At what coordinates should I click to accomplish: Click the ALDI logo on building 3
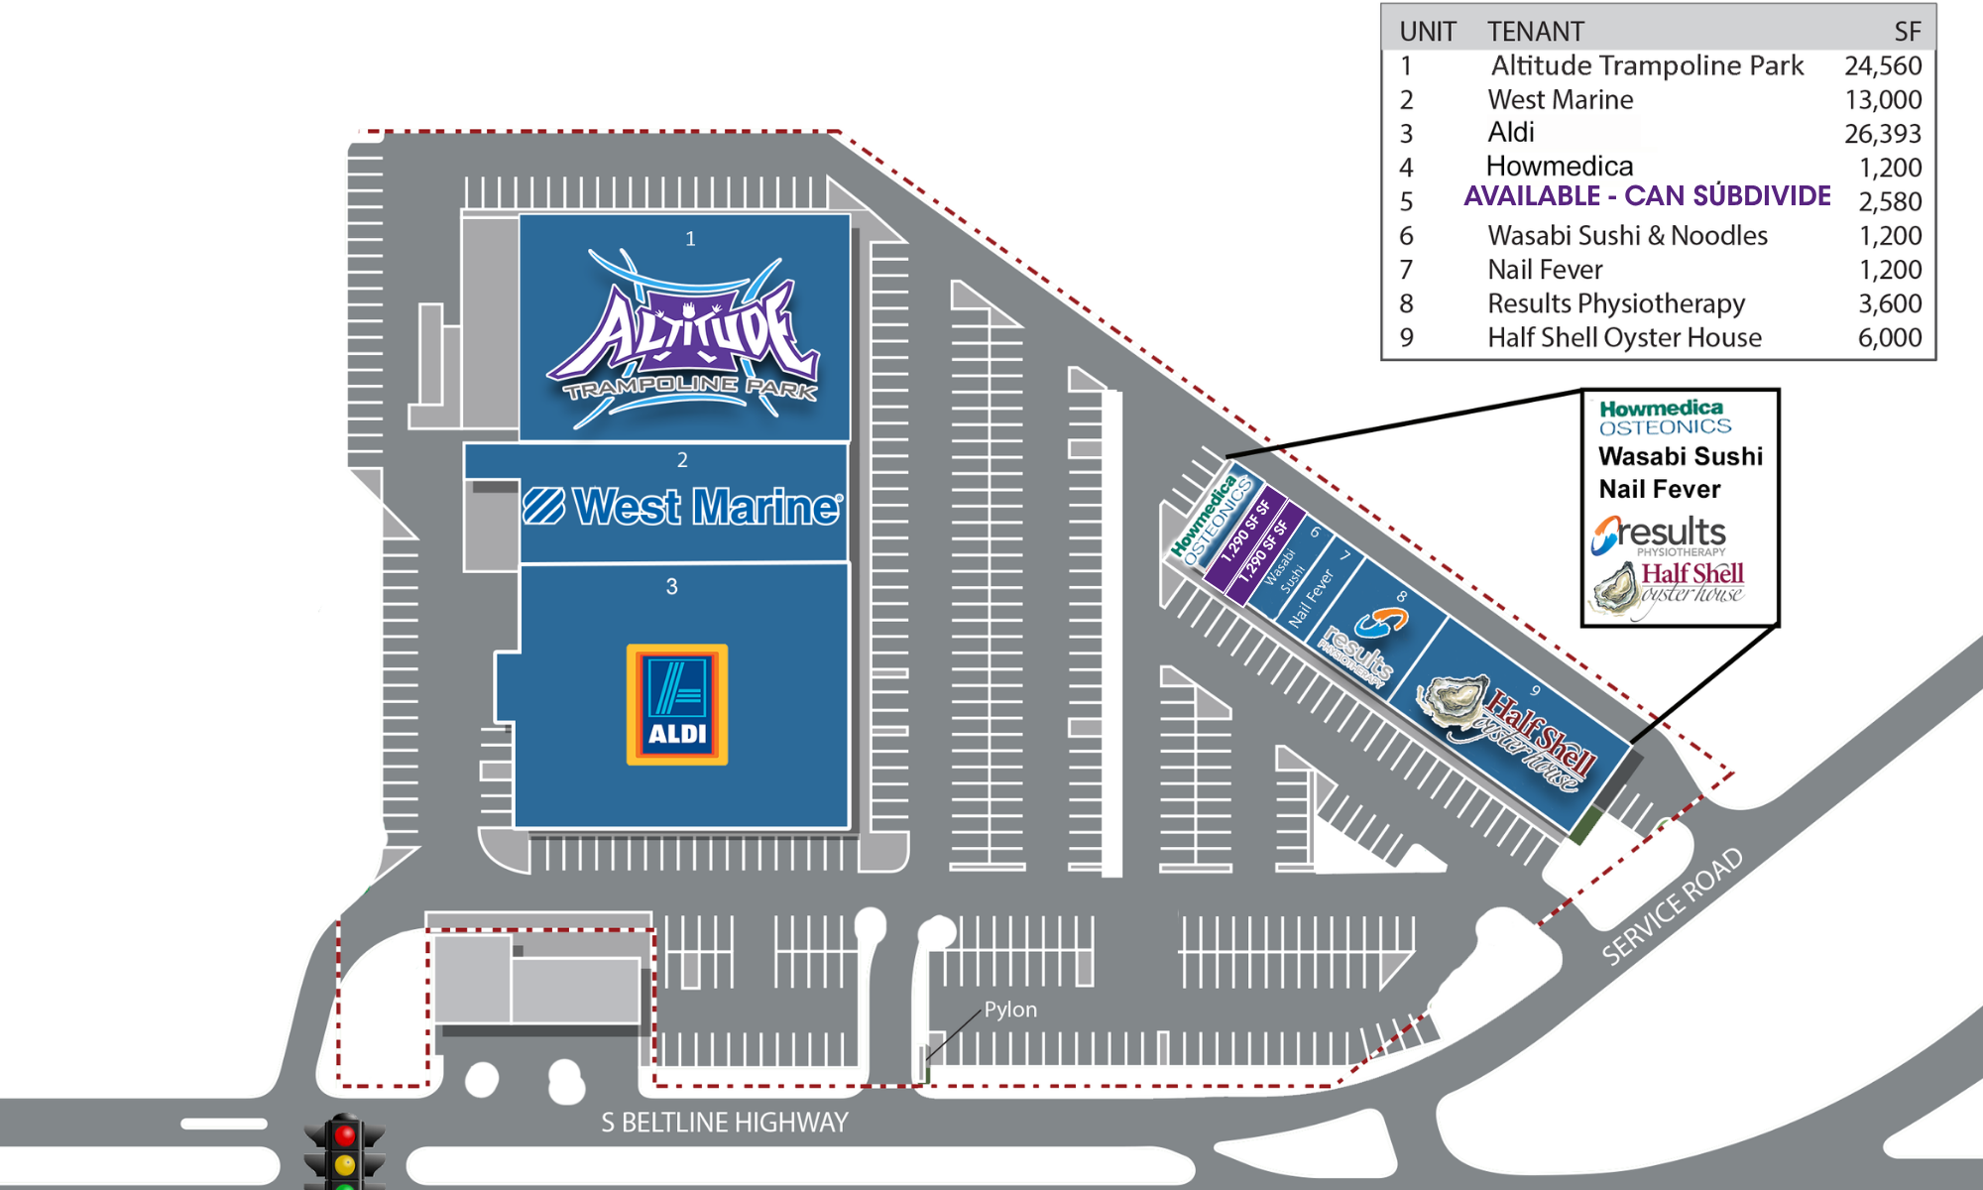point(677,704)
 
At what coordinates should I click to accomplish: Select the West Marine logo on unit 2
point(683,507)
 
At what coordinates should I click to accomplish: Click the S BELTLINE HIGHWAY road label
point(725,1123)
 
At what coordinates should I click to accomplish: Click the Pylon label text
point(1010,1010)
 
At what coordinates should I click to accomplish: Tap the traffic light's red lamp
point(345,1134)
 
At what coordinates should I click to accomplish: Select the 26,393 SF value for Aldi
point(1882,133)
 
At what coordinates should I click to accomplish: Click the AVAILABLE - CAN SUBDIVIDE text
point(1647,196)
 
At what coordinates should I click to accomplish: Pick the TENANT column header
point(1535,32)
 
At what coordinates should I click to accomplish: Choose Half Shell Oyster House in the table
point(1624,338)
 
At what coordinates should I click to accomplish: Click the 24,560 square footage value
point(1882,65)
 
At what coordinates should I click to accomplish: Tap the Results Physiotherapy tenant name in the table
point(1616,303)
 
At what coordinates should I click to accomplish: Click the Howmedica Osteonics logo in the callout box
point(1664,417)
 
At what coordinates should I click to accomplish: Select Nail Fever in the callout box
point(1659,489)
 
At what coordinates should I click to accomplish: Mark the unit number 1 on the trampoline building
point(690,239)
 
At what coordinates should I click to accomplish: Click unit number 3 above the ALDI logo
point(671,587)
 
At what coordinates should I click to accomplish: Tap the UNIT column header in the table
point(1427,32)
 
